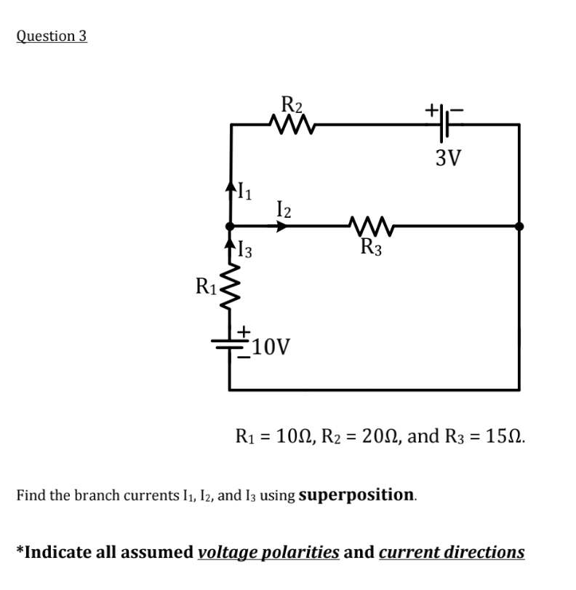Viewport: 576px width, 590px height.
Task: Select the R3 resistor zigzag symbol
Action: pyautogui.click(x=371, y=226)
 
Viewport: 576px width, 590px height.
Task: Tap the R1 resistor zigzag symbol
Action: pyautogui.click(x=230, y=287)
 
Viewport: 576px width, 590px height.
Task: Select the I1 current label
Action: pyautogui.click(x=247, y=193)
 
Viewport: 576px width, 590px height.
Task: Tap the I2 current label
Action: pyautogui.click(x=284, y=210)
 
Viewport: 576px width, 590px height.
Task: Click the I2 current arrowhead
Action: pyautogui.click(x=283, y=226)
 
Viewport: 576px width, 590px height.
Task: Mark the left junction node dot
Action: pyautogui.click(x=230, y=226)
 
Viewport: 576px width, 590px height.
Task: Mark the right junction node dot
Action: pyautogui.click(x=519, y=226)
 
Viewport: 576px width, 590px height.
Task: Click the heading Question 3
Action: pyautogui.click(x=52, y=36)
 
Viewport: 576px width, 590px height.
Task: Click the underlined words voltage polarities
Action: pyautogui.click(x=268, y=551)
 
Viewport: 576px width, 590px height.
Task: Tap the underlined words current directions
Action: pyautogui.click(x=452, y=551)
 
